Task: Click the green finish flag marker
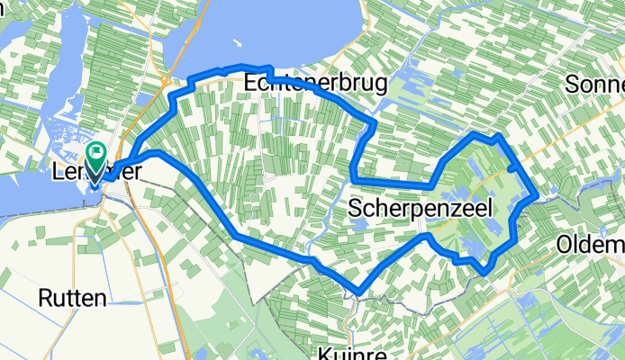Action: point(97,154)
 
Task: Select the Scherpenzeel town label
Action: point(420,210)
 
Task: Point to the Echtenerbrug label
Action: point(315,84)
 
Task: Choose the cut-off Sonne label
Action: point(594,85)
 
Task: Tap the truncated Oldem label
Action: point(590,245)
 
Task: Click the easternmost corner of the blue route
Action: point(538,194)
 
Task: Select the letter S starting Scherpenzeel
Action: point(354,210)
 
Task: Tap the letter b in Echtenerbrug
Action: point(348,84)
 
